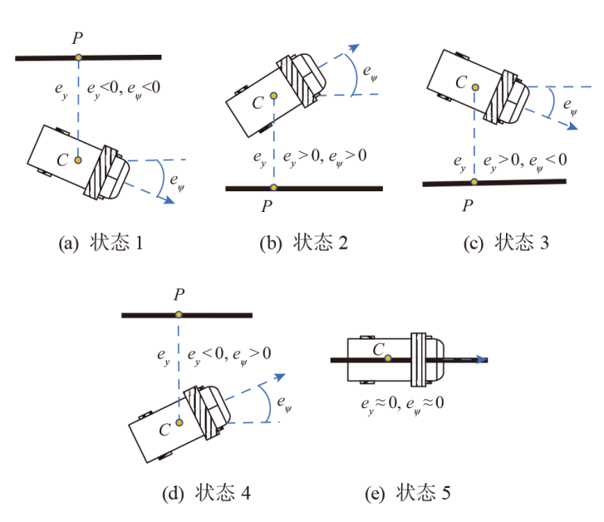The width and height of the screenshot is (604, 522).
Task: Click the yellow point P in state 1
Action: [x=77, y=57]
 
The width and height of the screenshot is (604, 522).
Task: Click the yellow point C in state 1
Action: [x=77, y=159]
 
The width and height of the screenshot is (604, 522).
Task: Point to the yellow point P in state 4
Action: [x=179, y=315]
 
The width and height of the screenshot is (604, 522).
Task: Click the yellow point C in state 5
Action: [x=387, y=359]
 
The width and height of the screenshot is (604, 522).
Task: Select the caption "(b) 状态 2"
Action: [x=302, y=244]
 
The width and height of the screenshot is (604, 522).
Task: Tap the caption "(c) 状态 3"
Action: [x=504, y=244]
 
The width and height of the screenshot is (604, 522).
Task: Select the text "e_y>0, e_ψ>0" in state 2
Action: [x=325, y=155]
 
